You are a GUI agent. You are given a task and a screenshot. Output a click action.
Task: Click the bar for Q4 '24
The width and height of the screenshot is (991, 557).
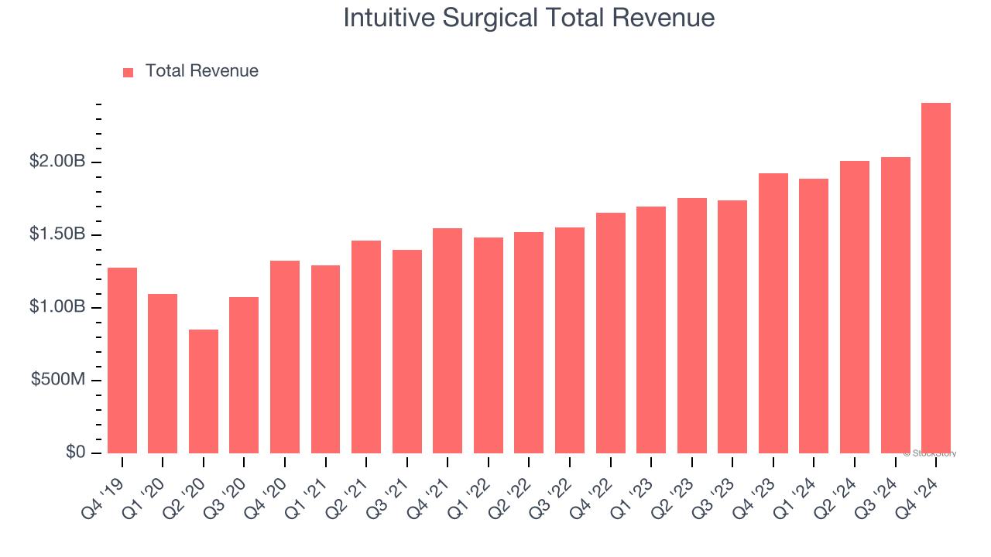click(x=936, y=278)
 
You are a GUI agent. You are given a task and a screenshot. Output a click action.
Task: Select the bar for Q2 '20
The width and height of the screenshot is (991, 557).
click(x=204, y=391)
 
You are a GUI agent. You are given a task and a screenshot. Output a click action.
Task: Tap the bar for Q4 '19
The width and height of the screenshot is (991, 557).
click(x=122, y=361)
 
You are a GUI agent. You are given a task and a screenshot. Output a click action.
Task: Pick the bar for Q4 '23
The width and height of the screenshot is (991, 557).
click(x=773, y=313)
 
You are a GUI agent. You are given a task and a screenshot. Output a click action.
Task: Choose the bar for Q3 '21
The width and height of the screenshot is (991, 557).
click(x=407, y=351)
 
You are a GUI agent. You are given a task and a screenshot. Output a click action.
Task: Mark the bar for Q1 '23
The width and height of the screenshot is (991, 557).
click(x=651, y=330)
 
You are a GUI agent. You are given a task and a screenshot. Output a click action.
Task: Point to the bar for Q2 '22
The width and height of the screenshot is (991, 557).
click(x=529, y=343)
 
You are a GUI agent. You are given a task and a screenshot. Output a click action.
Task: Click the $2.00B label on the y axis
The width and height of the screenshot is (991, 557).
click(x=57, y=162)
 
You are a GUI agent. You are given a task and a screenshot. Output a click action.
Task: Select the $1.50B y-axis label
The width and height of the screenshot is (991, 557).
click(x=57, y=234)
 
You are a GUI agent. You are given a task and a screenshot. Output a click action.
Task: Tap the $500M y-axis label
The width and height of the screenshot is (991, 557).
click(x=59, y=380)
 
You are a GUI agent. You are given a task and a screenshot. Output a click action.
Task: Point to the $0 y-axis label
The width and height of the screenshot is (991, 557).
click(x=75, y=453)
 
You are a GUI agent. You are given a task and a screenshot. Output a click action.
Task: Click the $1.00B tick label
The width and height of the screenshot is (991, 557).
click(x=57, y=307)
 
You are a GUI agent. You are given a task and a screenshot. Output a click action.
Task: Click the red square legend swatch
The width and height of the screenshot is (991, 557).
click(x=129, y=72)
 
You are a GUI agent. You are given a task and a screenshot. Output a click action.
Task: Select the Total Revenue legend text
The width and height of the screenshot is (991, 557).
click(x=201, y=71)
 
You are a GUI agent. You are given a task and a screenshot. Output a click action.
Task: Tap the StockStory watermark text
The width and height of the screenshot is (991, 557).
click(x=930, y=453)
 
